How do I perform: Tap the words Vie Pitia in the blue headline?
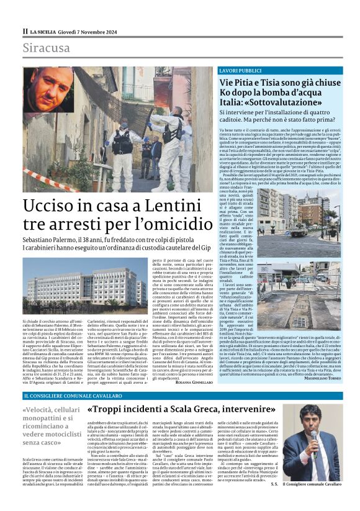(242, 83)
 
